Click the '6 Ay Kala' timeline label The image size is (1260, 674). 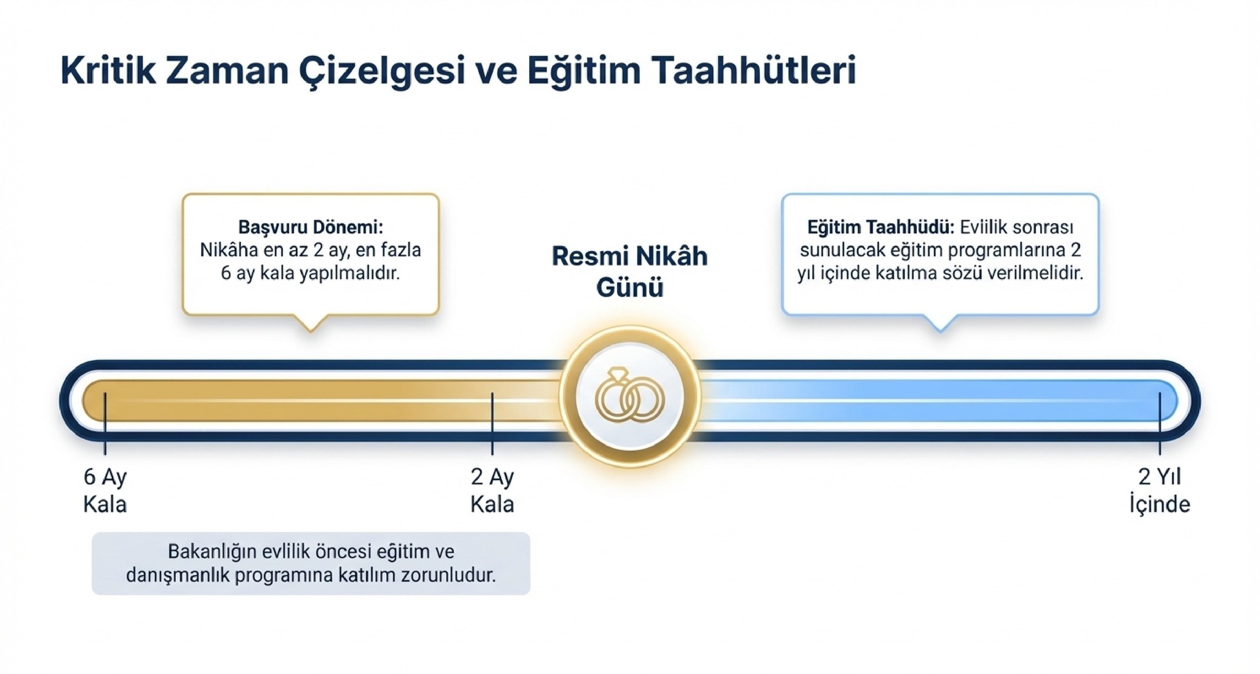click(105, 491)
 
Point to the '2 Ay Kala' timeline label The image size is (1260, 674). click(492, 491)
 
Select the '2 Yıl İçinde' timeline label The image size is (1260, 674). click(1160, 491)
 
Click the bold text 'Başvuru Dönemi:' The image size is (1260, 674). click(311, 227)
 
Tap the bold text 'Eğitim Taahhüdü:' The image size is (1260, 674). click(881, 227)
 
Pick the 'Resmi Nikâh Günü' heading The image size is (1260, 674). click(629, 271)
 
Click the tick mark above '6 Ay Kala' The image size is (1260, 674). click(105, 423)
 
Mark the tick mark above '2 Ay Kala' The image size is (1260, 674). click(492, 423)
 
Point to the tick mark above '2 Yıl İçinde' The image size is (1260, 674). click(1160, 423)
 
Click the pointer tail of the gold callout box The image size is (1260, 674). click(311, 324)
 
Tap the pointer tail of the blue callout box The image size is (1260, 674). click(940, 324)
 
